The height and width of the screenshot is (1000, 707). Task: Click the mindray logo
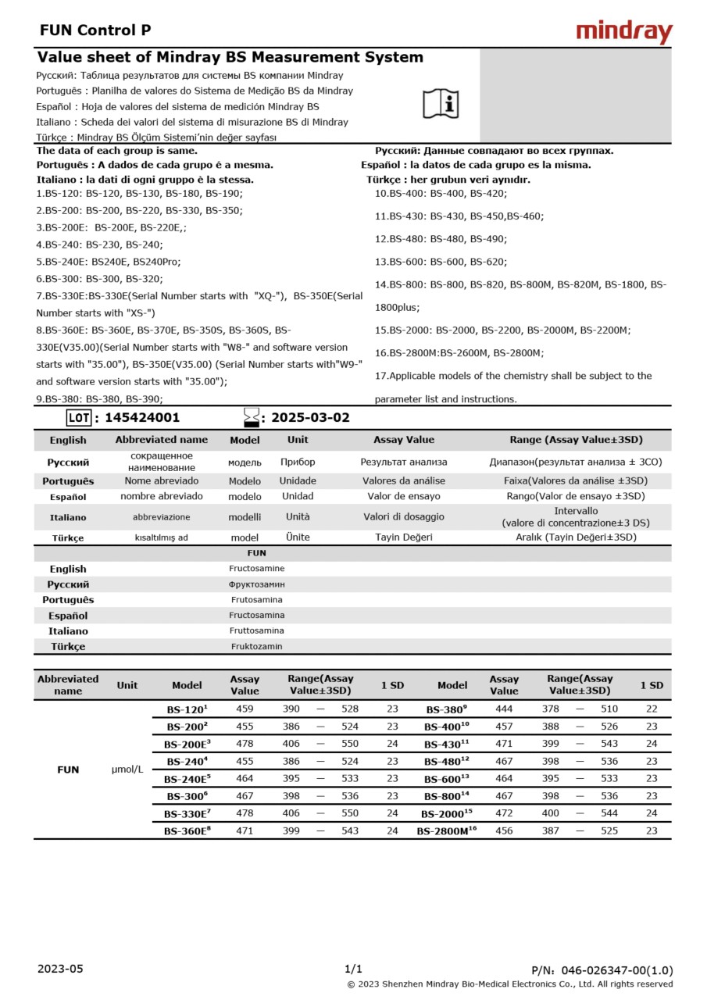click(623, 32)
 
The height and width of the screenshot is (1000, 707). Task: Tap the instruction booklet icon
click(441, 104)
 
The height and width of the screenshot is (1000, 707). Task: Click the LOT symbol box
click(79, 418)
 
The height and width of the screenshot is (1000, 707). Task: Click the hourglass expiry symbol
click(251, 417)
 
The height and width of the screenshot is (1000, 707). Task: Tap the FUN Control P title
click(95, 30)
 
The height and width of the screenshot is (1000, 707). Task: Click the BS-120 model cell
click(187, 709)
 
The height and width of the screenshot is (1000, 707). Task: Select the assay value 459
click(245, 709)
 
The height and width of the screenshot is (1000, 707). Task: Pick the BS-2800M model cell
click(446, 831)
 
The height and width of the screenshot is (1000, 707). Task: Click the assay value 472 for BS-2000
click(504, 813)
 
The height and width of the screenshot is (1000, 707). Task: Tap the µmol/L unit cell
click(127, 770)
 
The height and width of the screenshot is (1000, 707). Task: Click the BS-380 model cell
click(446, 709)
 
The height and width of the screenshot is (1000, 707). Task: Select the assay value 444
click(504, 709)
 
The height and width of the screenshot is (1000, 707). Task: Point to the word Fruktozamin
click(256, 646)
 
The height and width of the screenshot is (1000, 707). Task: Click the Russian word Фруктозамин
click(256, 584)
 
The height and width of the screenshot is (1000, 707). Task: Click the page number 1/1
click(353, 969)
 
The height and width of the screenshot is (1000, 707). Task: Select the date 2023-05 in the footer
click(60, 969)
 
